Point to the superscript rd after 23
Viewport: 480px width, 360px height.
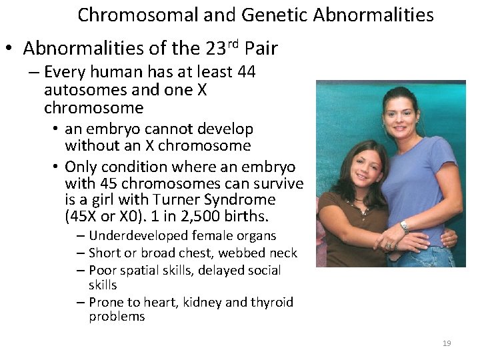coord(233,44)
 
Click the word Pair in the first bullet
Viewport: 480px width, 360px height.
coord(261,49)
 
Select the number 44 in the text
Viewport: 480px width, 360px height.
coord(245,72)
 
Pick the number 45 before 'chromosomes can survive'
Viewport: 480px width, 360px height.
coord(108,183)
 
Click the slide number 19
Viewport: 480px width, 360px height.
coord(447,343)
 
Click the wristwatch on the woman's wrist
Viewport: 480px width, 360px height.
coord(405,227)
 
